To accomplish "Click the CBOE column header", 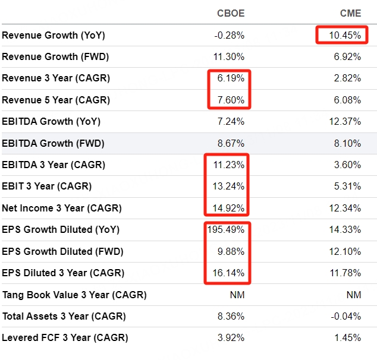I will tap(230, 13).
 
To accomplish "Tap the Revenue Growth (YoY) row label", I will tap(54, 36).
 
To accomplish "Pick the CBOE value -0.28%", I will tap(230, 36).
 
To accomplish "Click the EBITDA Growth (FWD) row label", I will tap(54, 143).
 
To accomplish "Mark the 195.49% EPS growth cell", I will tap(227, 230).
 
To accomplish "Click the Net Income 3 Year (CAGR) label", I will tap(62, 208).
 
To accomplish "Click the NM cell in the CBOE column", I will tap(237, 295).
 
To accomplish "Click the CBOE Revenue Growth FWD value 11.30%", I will tap(229, 57).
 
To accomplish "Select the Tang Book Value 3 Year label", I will tap(74, 295).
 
